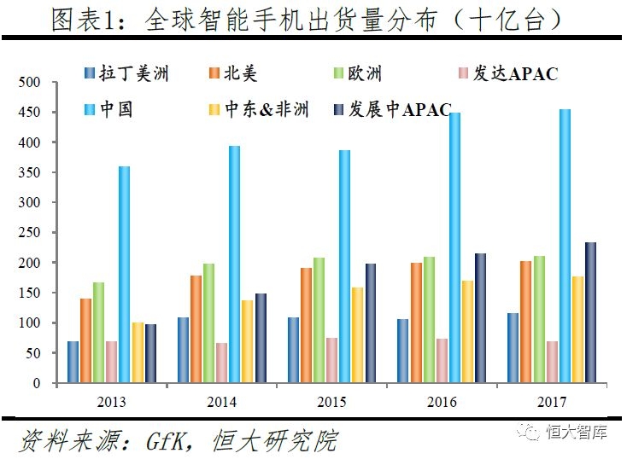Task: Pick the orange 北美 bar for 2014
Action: click(196, 329)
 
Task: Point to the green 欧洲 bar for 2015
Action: click(319, 320)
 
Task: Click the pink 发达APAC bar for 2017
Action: click(552, 362)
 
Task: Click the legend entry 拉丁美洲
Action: click(137, 73)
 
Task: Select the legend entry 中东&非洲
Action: click(266, 110)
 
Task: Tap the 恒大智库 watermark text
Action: click(577, 433)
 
